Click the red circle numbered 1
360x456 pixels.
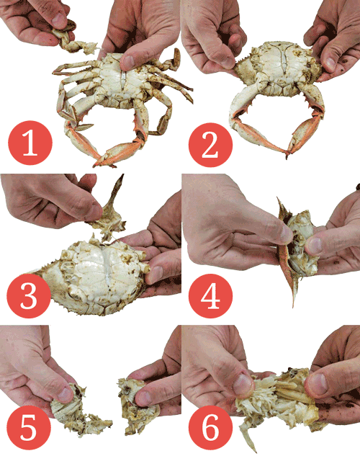click(x=30, y=143)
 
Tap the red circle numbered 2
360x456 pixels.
click(x=211, y=145)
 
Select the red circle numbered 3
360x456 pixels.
click(x=29, y=296)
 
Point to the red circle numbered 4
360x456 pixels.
click(x=211, y=296)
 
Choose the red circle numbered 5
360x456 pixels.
click(x=29, y=427)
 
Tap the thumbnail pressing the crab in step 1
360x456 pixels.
click(x=128, y=62)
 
